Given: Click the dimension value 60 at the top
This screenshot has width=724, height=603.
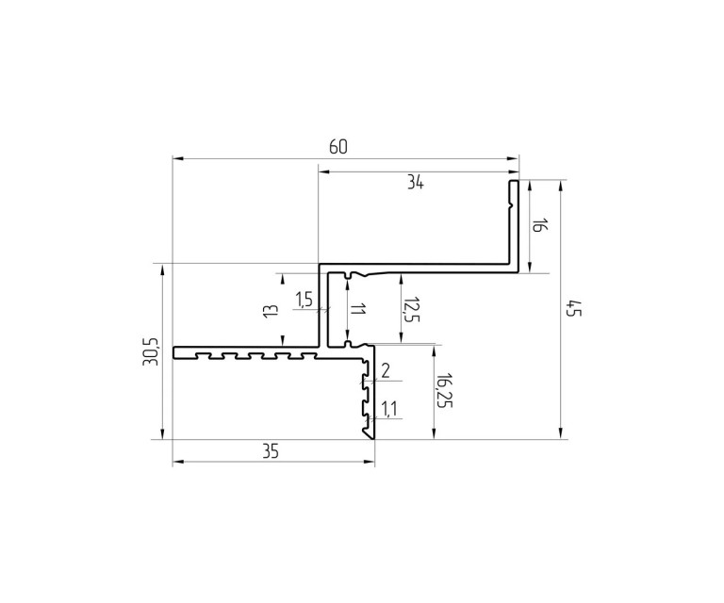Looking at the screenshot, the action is click(338, 147).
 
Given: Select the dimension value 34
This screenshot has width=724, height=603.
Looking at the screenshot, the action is click(415, 183).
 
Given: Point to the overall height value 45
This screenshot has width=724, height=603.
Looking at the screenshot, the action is click(575, 308).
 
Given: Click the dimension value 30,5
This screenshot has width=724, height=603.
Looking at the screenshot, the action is click(151, 351).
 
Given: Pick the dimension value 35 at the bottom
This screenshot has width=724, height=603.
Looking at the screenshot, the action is click(271, 451).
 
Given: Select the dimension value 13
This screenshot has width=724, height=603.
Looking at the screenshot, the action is click(271, 310).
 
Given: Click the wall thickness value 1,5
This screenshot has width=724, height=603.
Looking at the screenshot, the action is click(304, 300).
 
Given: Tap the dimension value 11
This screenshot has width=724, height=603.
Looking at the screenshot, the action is click(357, 309).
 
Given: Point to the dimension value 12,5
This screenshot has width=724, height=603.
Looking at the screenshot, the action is click(410, 309).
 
